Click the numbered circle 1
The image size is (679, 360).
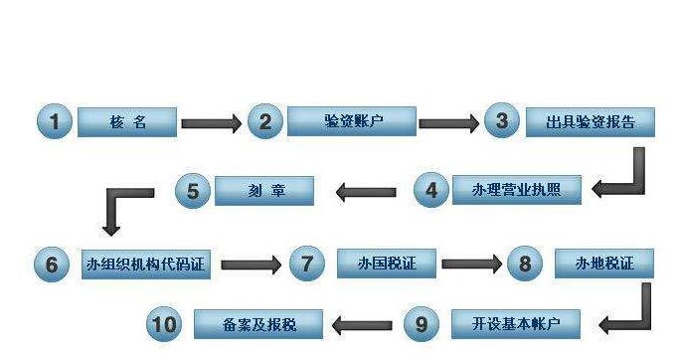point(54,122)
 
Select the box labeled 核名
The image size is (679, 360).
point(127,122)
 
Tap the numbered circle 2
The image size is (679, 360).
point(264,121)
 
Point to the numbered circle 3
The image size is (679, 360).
point(502,121)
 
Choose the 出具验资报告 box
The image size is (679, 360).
point(592,122)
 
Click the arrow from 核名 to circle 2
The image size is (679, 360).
point(210,124)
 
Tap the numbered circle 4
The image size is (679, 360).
point(431,189)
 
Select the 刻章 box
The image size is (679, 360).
point(264,190)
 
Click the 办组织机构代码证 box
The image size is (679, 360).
point(146,264)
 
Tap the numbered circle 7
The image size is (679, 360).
point(307,264)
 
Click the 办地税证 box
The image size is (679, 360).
point(604,263)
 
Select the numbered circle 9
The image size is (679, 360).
point(422,323)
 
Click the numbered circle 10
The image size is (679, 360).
point(165,323)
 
